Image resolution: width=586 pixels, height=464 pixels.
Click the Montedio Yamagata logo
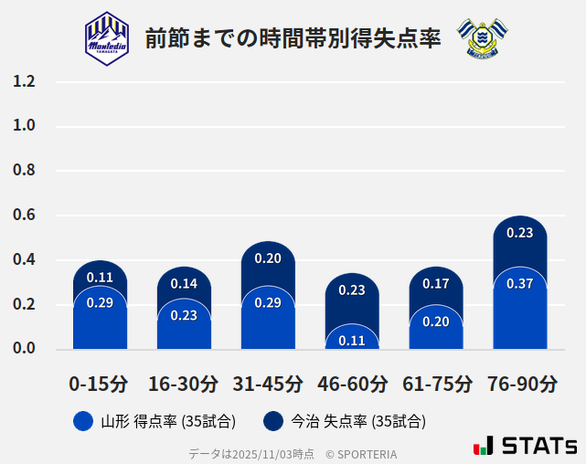[x=107, y=37]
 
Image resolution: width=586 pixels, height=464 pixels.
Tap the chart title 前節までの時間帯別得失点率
[x=293, y=38]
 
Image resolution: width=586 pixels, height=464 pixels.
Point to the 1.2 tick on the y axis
[x=24, y=81]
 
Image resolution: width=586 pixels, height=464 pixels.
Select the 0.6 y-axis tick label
[x=24, y=216]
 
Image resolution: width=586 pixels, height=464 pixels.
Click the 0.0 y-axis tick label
[x=24, y=349]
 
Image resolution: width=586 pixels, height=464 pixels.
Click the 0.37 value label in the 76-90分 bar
[x=519, y=284]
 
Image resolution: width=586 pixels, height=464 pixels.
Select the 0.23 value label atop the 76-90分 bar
[x=519, y=233]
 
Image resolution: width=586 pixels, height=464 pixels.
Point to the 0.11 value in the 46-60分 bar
[x=352, y=341]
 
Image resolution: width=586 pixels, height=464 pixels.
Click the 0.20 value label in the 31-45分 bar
[x=268, y=258]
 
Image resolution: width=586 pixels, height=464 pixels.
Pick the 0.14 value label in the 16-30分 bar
[x=184, y=283]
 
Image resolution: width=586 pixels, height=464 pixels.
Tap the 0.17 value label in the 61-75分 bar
[x=436, y=284]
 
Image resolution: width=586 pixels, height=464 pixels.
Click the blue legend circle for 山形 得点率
[x=83, y=421]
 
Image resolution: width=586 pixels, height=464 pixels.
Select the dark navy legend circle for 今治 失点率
[x=272, y=421]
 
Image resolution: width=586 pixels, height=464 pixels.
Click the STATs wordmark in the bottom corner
[x=526, y=446]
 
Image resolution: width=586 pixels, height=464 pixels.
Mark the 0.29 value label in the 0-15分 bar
[x=100, y=302]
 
